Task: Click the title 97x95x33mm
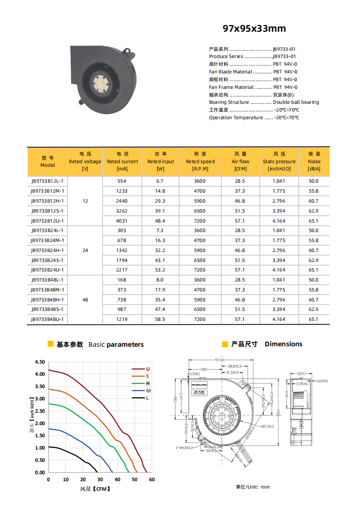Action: coord(254,29)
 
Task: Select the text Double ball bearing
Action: coord(296,102)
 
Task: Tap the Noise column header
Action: coord(314,161)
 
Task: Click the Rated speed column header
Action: coord(200,161)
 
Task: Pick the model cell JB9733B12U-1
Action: coord(48,221)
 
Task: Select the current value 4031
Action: coord(122,221)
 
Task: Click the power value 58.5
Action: coord(160,319)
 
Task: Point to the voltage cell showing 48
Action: coord(85,300)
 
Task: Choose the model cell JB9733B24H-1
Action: coord(48,250)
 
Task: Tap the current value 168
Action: coord(122,280)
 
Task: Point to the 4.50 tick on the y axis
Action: coord(40,362)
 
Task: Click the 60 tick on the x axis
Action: coord(151,480)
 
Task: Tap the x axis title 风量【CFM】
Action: coord(95,489)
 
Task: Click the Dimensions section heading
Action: coord(283,344)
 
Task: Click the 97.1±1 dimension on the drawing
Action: coord(220,360)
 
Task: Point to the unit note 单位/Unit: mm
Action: coord(253,487)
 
